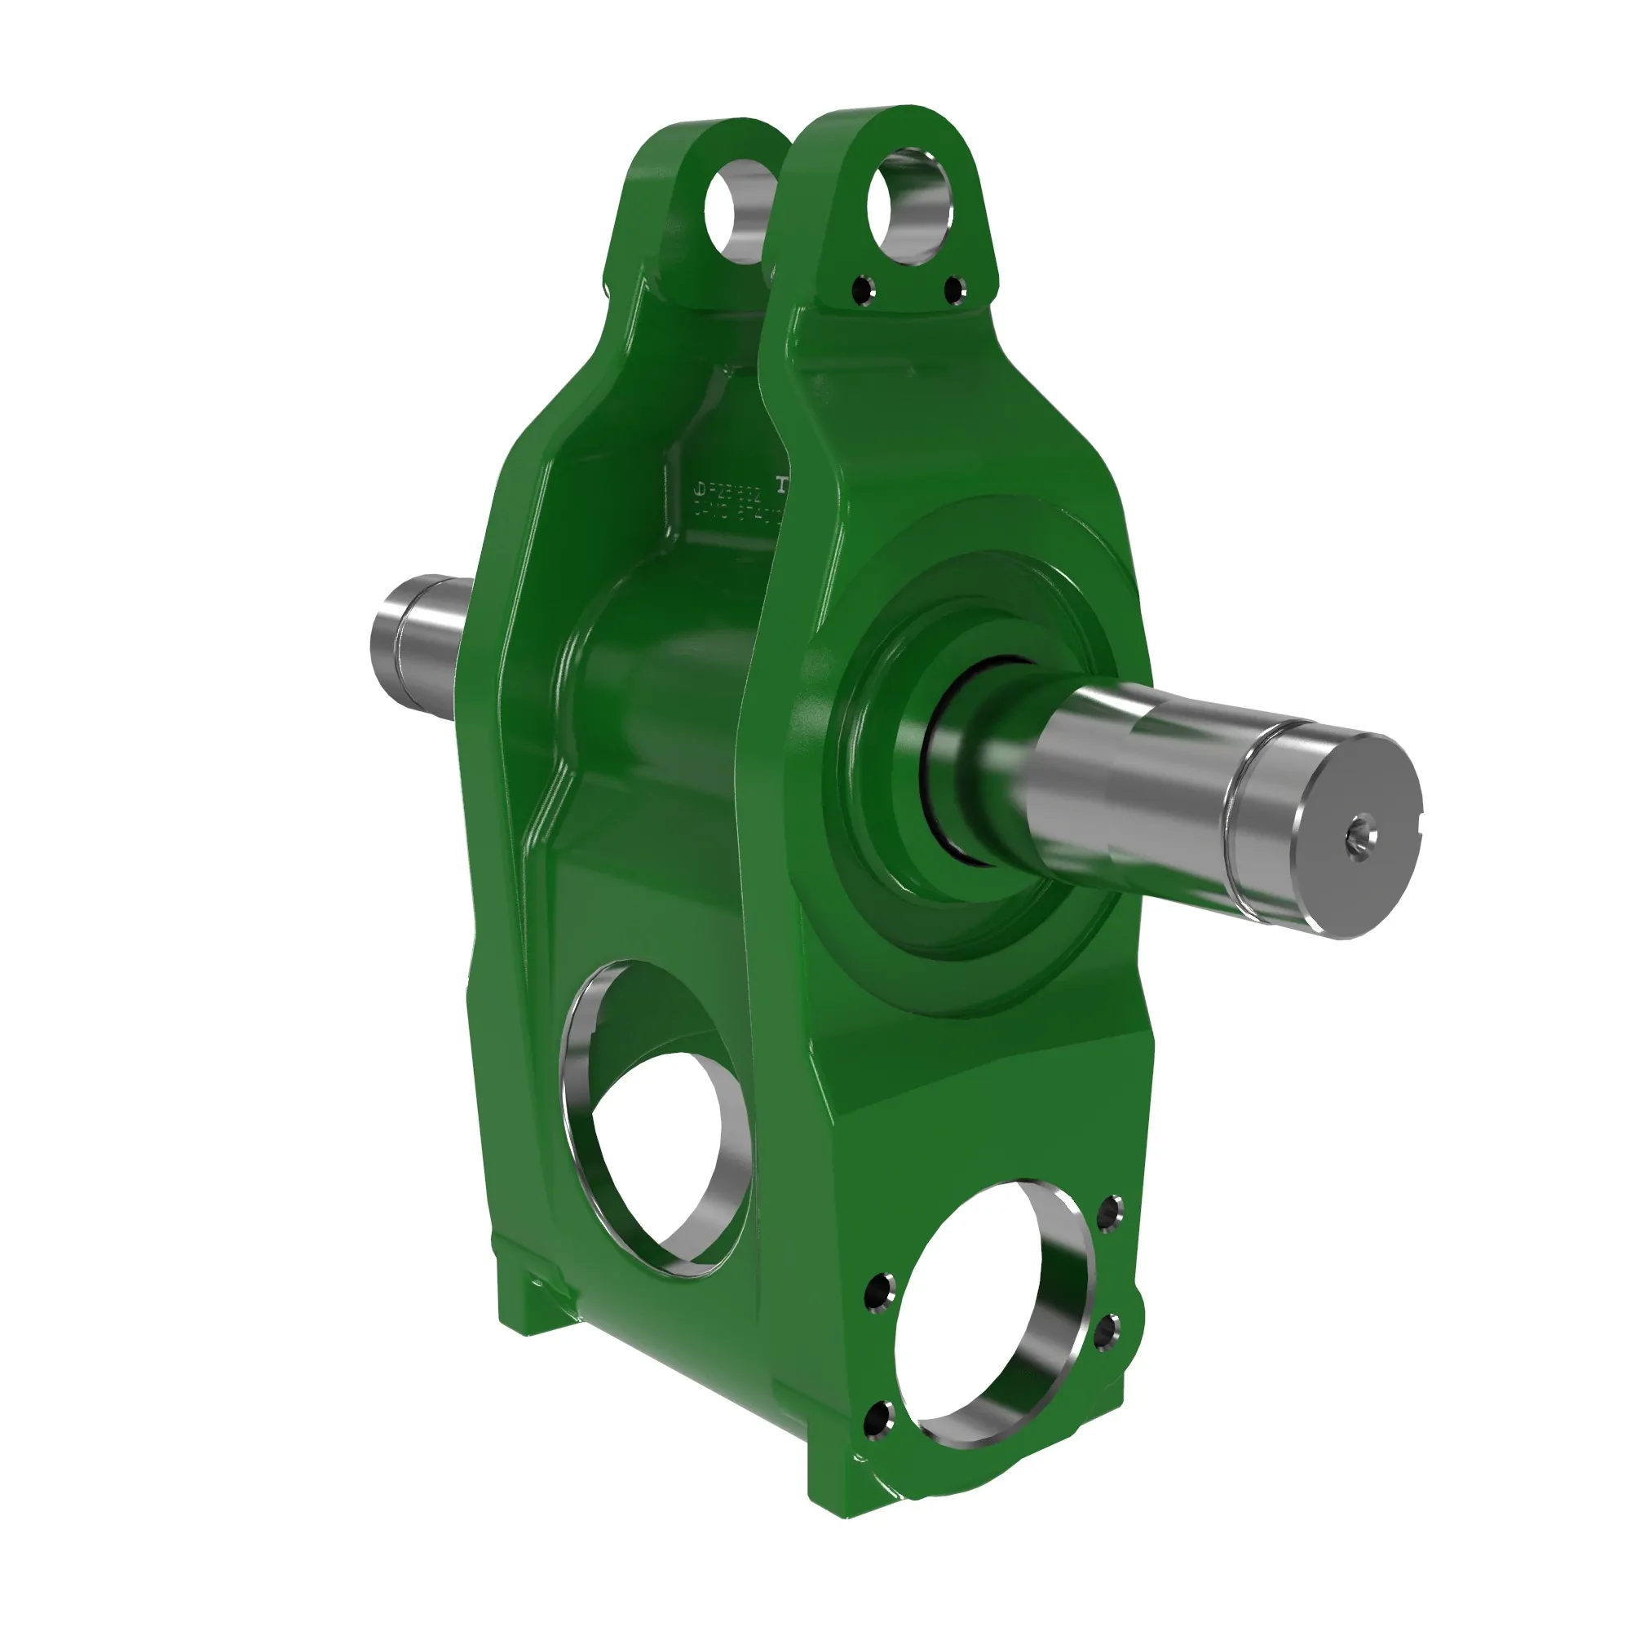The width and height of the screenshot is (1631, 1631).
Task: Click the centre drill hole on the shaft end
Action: [1360, 837]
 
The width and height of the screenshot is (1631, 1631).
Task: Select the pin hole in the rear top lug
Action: [736, 211]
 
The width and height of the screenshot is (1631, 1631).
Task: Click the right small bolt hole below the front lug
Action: [953, 291]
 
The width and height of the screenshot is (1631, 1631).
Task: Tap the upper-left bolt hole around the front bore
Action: [881, 1289]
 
